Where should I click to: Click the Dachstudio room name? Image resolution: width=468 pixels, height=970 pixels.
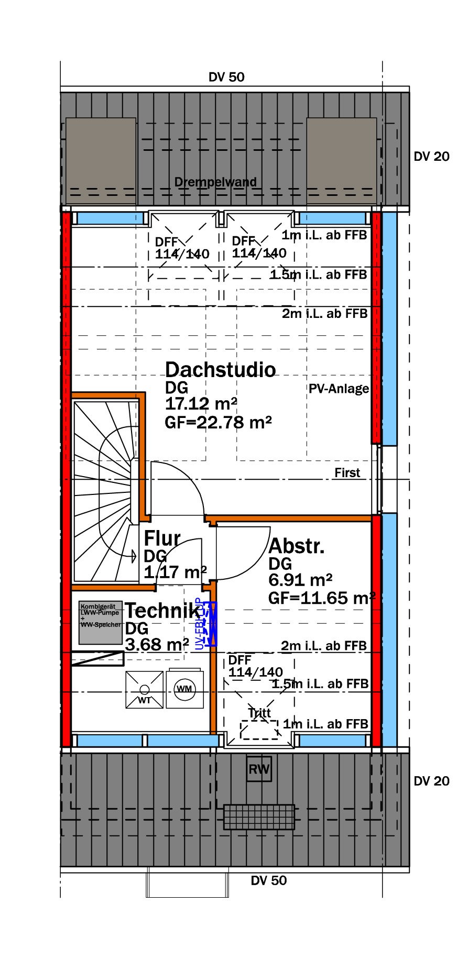pos(220,370)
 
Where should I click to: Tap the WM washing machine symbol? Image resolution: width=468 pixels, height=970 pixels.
pos(184,688)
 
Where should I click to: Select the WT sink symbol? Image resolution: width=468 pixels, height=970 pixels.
pos(144,690)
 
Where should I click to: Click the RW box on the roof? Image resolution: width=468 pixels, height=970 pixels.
pos(259,769)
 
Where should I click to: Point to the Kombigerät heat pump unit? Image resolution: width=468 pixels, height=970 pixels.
pos(101,622)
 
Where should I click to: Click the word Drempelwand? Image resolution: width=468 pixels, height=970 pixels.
pos(215,182)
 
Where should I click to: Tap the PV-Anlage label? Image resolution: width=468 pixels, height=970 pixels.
pos(339,389)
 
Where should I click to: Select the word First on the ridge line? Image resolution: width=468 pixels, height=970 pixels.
pos(347,472)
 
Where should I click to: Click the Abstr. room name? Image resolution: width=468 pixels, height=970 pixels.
pos(297,546)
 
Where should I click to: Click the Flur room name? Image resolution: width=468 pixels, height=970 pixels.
pos(162,538)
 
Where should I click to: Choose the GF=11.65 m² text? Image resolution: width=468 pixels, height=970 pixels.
pos(322,598)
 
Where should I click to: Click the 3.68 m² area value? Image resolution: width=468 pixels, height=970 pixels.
pos(157,644)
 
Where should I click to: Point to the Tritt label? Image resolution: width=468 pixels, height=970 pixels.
pos(259,713)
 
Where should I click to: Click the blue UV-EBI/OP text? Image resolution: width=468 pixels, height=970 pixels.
pos(199,624)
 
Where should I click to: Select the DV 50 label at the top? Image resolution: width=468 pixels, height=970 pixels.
pos(226,77)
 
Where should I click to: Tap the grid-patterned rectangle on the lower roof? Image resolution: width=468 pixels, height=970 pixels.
pos(259,817)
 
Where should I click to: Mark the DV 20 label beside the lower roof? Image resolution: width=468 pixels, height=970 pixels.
pos(431,781)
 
